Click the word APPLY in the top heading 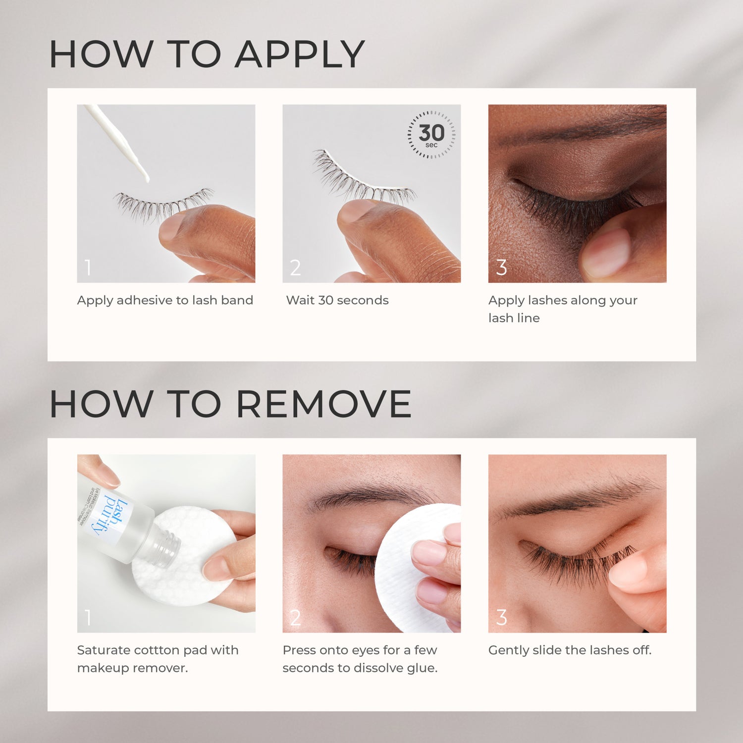300,54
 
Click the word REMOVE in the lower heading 323,404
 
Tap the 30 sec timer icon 431,134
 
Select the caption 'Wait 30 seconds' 337,300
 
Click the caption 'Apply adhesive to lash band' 165,300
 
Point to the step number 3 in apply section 501,267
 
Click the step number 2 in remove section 295,618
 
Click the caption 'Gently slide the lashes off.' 570,650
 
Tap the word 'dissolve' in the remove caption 377,668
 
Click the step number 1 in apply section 88,267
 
